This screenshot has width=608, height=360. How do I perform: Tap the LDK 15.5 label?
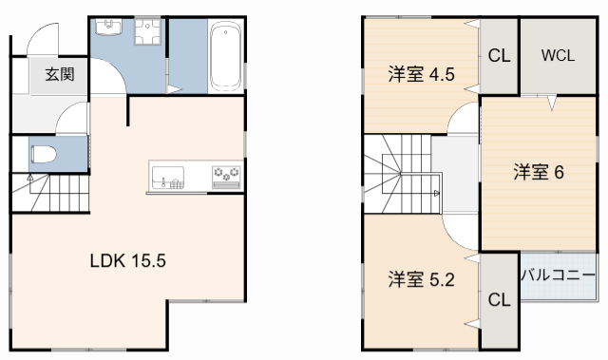pos(128,260)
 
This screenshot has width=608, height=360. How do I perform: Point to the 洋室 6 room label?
pos(540,172)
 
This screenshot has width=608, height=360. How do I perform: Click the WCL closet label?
pos(558,55)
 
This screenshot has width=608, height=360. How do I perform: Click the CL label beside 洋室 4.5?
pos(499,56)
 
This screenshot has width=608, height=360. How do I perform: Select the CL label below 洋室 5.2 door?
pos(499,300)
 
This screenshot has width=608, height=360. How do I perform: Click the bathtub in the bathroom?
pos(224,55)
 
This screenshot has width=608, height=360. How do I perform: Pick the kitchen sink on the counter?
pos(170,177)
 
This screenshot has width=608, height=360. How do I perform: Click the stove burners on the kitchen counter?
pos(226,175)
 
